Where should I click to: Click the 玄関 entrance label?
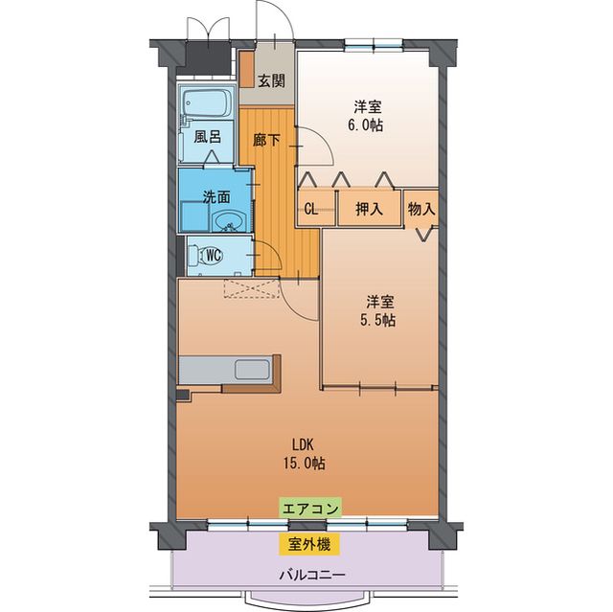pyautogui.click(x=272, y=81)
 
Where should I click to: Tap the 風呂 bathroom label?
pyautogui.click(x=208, y=136)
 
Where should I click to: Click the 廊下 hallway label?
pyautogui.click(x=267, y=140)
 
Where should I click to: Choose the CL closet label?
pyautogui.click(x=312, y=208)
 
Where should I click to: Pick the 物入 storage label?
pyautogui.click(x=421, y=208)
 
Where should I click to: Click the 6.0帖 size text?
pyautogui.click(x=368, y=125)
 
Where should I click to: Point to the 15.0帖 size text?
pyautogui.click(x=304, y=463)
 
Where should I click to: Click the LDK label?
pyautogui.click(x=304, y=444)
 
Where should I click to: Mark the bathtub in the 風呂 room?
pyautogui.click(x=206, y=103)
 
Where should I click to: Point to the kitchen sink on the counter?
pyautogui.click(x=253, y=369)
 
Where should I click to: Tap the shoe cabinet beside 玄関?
pyautogui.click(x=246, y=70)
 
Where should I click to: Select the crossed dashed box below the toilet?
pyautogui.click(x=249, y=289)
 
